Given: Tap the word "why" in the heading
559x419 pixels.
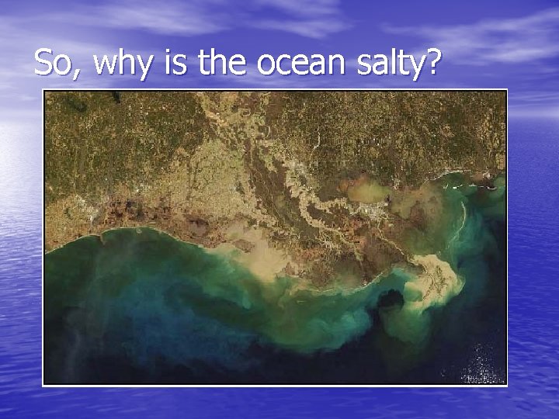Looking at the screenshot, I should tap(123, 64).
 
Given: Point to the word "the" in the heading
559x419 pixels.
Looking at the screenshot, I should tap(222, 61).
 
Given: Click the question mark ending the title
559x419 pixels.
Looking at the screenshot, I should tap(432, 61).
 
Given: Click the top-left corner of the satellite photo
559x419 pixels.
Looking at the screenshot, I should tap(44, 92).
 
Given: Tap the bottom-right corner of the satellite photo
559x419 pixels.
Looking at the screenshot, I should tap(506, 383).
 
